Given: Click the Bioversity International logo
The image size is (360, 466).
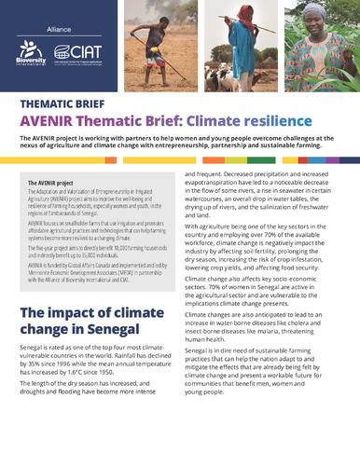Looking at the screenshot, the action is pyautogui.click(x=32, y=52).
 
